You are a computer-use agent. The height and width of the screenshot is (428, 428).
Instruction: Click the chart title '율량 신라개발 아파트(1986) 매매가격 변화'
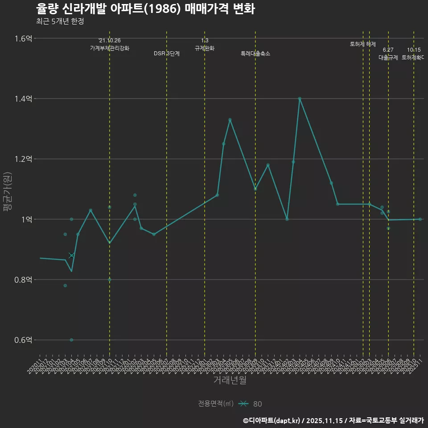click(145, 9)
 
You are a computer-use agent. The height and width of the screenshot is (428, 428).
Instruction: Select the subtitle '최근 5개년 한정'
click(60, 21)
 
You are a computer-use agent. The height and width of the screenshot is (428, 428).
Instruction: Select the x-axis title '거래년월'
click(230, 380)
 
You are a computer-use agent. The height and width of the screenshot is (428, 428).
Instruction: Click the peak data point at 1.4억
click(300, 99)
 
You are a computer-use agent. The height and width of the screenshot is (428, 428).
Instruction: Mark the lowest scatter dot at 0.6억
click(71, 340)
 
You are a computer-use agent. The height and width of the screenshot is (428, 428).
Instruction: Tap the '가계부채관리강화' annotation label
click(110, 48)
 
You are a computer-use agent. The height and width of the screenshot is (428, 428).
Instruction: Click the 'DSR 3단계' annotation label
click(167, 53)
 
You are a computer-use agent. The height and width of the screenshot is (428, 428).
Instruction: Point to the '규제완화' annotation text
click(205, 48)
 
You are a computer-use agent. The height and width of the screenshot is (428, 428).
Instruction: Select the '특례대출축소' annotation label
click(255, 53)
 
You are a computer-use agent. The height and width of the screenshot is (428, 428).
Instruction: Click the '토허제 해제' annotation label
click(363, 44)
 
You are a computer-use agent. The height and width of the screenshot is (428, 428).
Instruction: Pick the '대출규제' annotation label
click(388, 58)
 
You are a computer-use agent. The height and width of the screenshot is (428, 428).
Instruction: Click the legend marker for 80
click(243, 404)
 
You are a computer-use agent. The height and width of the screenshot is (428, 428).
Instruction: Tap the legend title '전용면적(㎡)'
click(216, 404)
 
